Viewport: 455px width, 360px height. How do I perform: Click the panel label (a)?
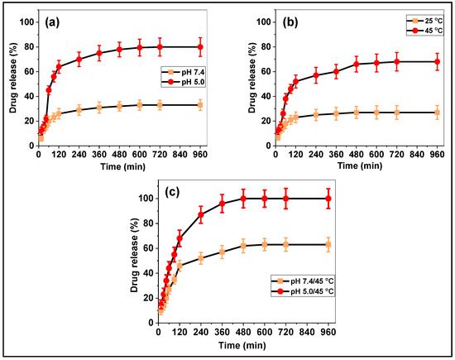(x=57, y=22)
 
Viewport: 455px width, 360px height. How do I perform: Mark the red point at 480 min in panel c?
(x=244, y=199)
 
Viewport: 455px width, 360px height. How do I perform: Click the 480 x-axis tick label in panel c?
(x=244, y=331)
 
